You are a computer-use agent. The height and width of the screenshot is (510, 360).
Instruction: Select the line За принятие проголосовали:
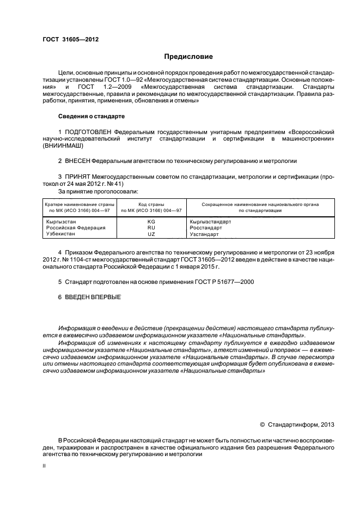coord(98,191)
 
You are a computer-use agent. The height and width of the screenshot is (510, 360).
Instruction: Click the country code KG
coord(151,222)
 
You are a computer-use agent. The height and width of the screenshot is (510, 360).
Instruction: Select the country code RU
coord(151,228)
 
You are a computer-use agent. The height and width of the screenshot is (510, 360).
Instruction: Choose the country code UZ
coord(151,234)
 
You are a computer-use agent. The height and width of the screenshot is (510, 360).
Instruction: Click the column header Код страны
coord(151,204)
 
